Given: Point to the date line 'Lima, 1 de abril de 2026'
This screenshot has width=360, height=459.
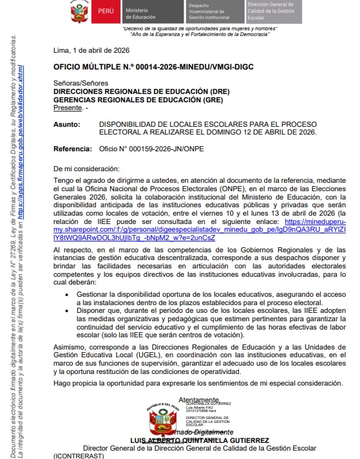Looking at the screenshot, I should coord(91,51).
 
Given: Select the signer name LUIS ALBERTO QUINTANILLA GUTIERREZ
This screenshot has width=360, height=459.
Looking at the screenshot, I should coord(200,440).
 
